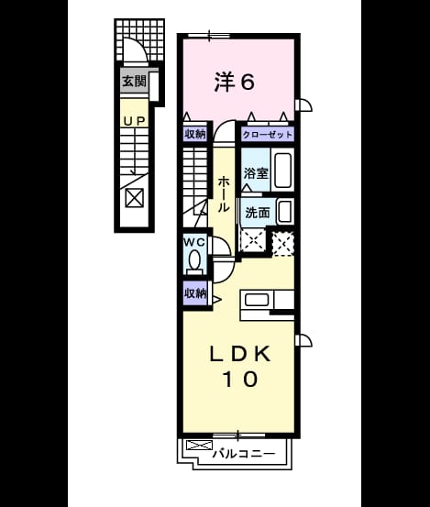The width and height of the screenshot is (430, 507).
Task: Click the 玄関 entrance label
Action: tap(134, 81)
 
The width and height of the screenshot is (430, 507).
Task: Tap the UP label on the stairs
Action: tap(134, 121)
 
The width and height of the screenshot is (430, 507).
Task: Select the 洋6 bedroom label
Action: tap(235, 82)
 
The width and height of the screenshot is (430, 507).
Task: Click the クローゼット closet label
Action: tap(268, 134)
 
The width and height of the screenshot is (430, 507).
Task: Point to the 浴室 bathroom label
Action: tap(256, 173)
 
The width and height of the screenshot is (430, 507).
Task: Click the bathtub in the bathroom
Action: tap(282, 171)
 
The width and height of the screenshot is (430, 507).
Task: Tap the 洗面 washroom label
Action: tap(258, 213)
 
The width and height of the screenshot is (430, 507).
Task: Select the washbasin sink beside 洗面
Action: tap(284, 211)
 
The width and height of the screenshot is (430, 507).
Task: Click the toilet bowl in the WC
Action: tap(194, 260)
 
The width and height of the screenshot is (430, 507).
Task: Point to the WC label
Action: tap(194, 242)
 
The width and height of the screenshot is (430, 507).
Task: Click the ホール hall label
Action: tap(223, 194)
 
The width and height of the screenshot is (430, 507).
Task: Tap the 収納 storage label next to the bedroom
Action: tap(195, 134)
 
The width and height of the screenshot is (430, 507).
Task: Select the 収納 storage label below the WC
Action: tap(195, 293)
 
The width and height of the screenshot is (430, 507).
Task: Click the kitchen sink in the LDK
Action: tap(257, 300)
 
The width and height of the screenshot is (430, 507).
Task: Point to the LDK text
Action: tap(240, 354)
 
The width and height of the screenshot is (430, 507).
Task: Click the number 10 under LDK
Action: tap(240, 379)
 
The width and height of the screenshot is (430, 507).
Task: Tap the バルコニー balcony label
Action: tap(244, 454)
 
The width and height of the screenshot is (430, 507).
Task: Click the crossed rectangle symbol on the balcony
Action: tap(200, 446)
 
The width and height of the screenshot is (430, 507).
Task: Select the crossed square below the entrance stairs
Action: tap(134, 197)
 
